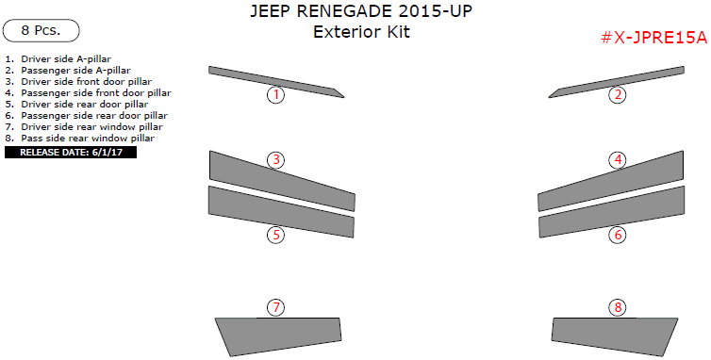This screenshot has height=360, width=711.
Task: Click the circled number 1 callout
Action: coord(275,94)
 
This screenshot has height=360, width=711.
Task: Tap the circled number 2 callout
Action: coord(617,94)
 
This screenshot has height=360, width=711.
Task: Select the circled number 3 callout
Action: coord(275,160)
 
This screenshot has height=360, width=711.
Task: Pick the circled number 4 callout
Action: coord(618,160)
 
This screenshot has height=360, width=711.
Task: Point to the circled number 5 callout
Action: coord(275,235)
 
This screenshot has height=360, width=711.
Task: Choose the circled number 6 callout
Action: coord(618,235)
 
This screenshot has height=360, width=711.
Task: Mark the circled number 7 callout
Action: coord(275,307)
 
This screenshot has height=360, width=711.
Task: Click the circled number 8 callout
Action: coord(618,307)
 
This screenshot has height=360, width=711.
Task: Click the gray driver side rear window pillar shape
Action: coord(273,335)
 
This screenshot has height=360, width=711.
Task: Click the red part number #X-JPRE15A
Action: coord(653,38)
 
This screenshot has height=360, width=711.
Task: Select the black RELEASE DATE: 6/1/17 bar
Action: coord(71,151)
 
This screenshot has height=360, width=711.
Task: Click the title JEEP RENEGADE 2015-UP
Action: coord(361,12)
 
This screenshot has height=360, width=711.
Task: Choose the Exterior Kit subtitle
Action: coord(361,33)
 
